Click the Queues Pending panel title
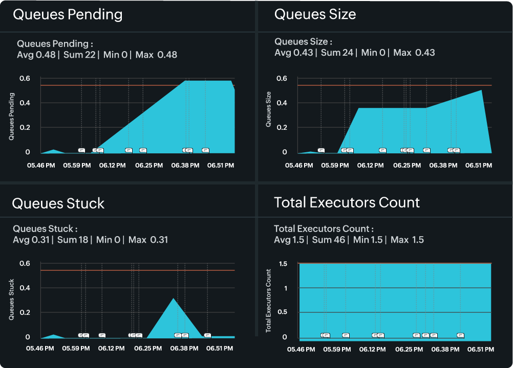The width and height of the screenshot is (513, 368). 68,14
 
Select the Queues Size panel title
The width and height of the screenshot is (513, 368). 315,14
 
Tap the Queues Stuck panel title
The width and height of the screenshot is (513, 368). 58,203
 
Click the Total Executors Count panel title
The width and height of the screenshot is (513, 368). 347,202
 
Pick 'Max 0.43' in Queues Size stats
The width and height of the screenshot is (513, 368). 414,53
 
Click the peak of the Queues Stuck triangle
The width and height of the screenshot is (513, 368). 174,298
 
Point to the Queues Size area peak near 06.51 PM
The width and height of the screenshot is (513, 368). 482,90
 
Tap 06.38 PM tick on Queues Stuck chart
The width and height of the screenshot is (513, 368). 184,349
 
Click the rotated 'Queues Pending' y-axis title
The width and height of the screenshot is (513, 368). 12,116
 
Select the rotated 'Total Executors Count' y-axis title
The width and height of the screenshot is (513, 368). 269,301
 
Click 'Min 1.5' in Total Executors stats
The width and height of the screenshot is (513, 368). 368,240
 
